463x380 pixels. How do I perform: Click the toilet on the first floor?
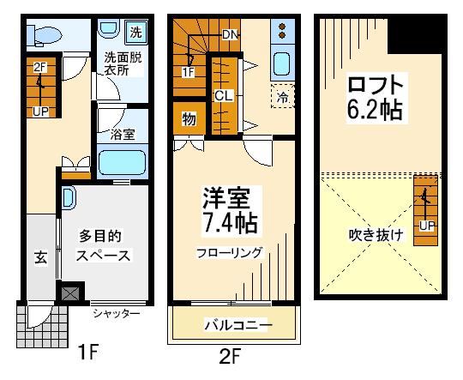click(x=45, y=35)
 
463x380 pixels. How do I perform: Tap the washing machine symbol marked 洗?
click(x=136, y=32)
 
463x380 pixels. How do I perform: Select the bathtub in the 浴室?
click(x=123, y=162)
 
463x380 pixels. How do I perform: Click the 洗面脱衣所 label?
click(x=123, y=64)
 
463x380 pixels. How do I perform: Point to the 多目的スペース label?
click(x=103, y=246)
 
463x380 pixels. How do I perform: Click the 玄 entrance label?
click(x=41, y=258)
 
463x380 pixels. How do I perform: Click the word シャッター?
click(x=116, y=313)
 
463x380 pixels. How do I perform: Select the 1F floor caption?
click(x=87, y=352)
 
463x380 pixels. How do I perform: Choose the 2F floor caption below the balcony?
click(x=230, y=356)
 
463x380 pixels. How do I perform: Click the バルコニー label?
click(x=238, y=325)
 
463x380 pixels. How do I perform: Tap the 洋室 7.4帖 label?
click(x=230, y=210)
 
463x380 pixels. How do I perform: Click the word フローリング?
click(x=229, y=253)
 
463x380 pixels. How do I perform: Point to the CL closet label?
click(x=224, y=96)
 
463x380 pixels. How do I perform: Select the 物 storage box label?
click(x=189, y=119)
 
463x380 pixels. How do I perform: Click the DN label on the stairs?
click(x=230, y=35)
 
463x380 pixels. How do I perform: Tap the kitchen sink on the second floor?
click(x=282, y=63)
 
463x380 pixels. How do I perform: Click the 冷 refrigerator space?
click(x=283, y=96)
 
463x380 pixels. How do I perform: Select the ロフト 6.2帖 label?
click(x=376, y=98)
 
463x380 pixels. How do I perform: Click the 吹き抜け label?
click(x=376, y=235)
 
